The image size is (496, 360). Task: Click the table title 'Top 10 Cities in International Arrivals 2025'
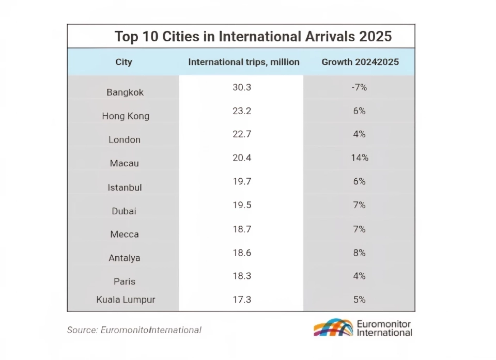253,37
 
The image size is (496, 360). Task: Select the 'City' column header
124,62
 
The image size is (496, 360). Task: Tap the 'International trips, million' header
244,62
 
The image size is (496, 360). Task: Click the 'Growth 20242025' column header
360,62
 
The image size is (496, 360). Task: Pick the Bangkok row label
125,92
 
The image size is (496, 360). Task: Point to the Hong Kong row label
126,116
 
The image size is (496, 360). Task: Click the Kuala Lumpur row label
126,300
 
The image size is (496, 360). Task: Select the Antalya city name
125,258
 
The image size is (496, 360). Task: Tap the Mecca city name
125,234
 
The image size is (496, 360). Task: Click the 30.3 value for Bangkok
241,87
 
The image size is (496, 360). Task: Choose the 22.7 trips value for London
241,134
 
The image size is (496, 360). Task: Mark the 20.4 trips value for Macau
241,158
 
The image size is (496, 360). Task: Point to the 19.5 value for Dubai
241,205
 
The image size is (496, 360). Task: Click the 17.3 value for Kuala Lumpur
241,300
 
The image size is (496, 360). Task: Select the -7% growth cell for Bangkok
359,87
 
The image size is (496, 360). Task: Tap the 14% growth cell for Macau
360,158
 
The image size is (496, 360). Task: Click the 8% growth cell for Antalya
360,253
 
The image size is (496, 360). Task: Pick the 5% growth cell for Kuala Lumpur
360,300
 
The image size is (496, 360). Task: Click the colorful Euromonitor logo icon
333,327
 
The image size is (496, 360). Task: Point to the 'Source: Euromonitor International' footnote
134,330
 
